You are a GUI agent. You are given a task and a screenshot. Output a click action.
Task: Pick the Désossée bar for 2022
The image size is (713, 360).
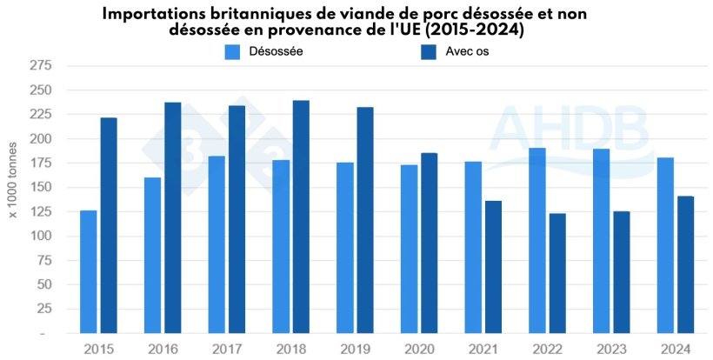pyautogui.click(x=537, y=241)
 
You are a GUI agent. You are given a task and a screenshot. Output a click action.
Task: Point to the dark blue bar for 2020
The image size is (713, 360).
pyautogui.click(x=430, y=243)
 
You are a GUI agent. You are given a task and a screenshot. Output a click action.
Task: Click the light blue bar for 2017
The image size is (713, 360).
pyautogui.click(x=217, y=244)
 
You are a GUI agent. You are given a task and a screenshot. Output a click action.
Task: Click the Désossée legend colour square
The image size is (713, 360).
pyautogui.click(x=232, y=52)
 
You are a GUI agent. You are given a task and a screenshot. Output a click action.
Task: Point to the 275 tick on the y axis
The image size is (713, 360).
pyautogui.click(x=40, y=66)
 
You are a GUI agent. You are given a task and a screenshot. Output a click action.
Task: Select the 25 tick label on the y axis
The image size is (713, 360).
pyautogui.click(x=43, y=309)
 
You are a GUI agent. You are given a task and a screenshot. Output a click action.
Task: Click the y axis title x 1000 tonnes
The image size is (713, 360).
pyautogui.click(x=14, y=199)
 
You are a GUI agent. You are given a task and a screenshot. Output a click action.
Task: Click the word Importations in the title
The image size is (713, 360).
pyautogui.click(x=154, y=14)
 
